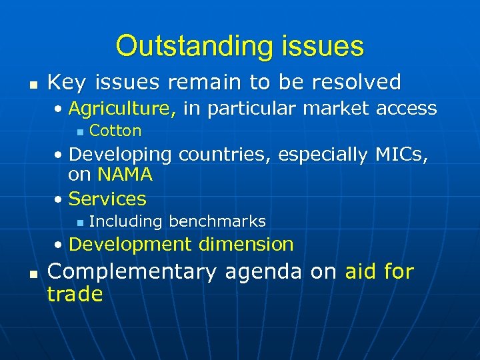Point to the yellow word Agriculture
(x=122, y=108)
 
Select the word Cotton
(x=115, y=131)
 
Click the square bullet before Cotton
(x=79, y=131)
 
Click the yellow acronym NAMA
(x=125, y=175)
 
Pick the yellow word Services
(x=107, y=199)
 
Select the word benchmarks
(x=217, y=221)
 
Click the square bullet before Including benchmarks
(x=79, y=222)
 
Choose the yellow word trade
(x=75, y=294)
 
